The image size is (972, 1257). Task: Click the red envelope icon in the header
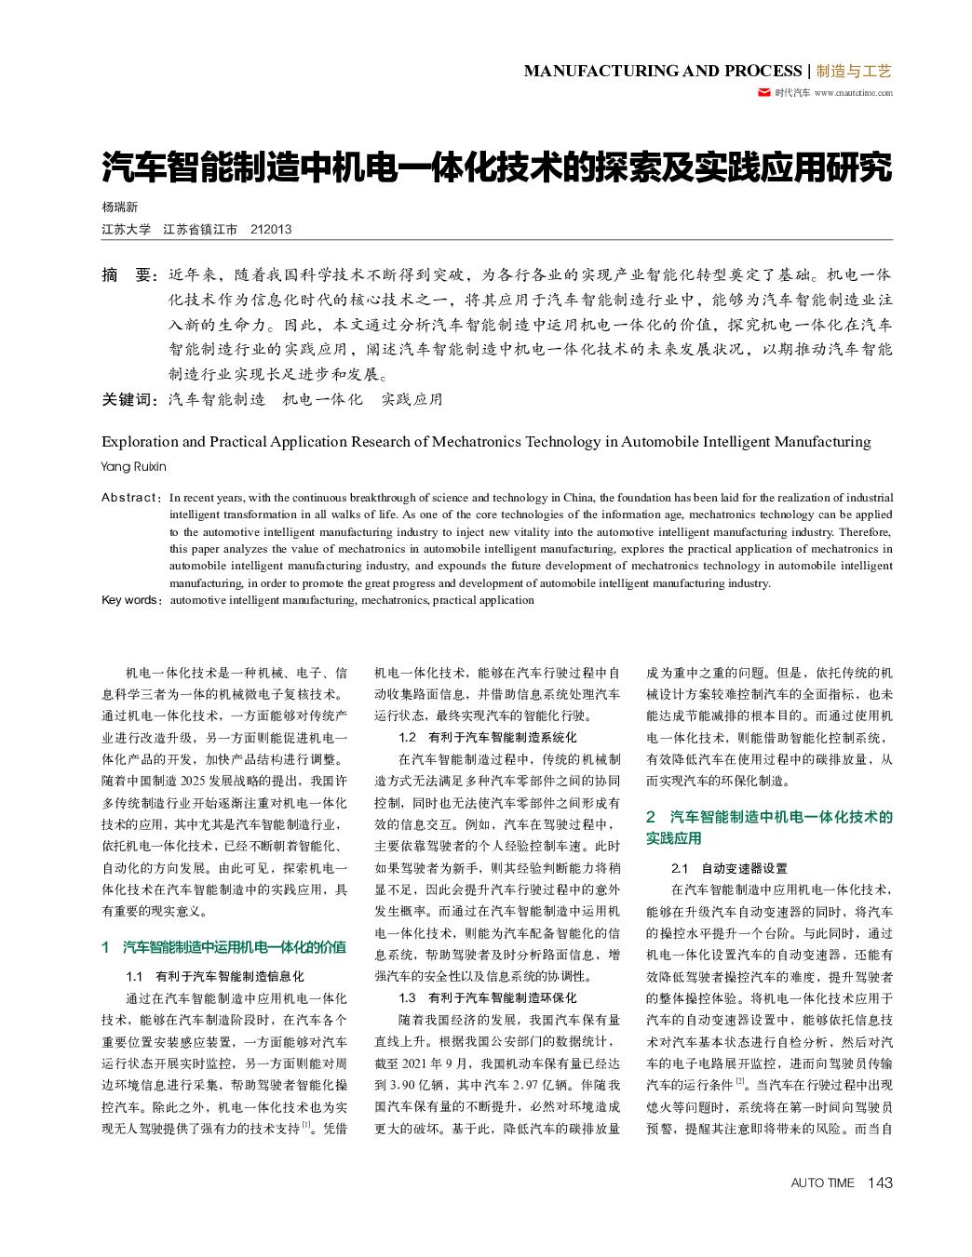pos(764,92)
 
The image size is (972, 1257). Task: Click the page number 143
pos(879,1183)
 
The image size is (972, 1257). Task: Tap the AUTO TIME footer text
pos(822,1183)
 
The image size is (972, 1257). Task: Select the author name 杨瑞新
pos(120,207)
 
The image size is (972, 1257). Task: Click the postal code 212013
pos(271,229)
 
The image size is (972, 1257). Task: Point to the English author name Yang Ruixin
pos(134,466)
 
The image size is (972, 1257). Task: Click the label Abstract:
pos(131,498)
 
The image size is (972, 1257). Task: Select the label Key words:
pos(131,600)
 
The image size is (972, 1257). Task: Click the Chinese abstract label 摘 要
pos(129,274)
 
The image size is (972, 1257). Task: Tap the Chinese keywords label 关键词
pos(129,399)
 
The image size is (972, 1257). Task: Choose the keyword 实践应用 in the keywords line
pos(412,399)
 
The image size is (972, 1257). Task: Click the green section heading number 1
pos(106,947)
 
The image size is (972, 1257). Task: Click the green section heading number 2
pos(651,817)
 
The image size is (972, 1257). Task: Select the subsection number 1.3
pos(407,997)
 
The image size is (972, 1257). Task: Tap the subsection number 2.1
pos(680,868)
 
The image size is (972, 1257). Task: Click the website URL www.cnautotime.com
pos(853,93)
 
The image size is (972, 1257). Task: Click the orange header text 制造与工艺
pos(854,71)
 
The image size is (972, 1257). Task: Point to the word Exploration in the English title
pos(140,442)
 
